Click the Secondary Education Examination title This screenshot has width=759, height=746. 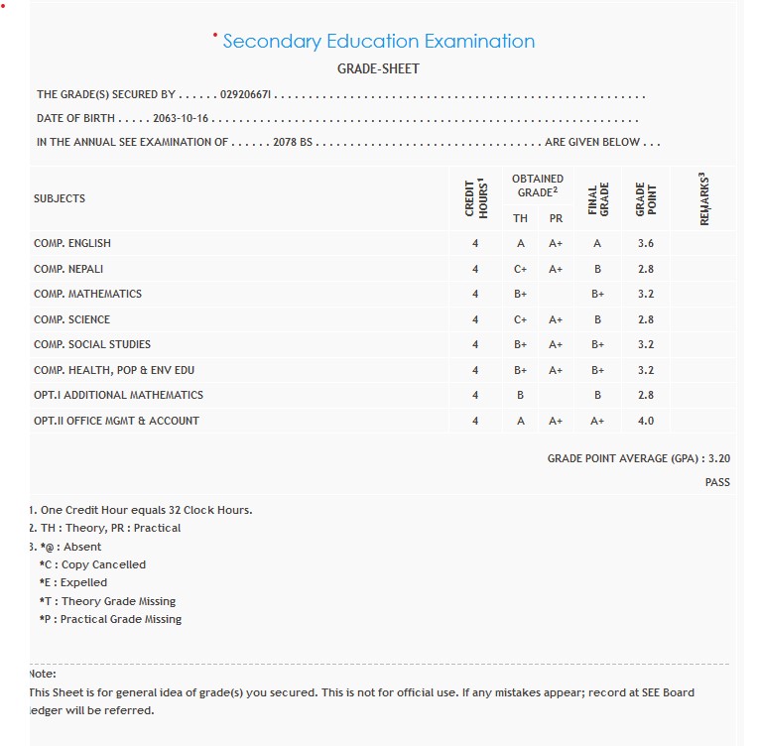pos(378,42)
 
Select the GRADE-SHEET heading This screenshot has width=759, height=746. pos(378,69)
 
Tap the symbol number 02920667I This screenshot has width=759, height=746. pos(246,95)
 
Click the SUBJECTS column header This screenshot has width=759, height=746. pos(60,198)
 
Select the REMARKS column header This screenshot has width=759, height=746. pos(704,198)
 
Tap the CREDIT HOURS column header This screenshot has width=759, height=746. pos(475,198)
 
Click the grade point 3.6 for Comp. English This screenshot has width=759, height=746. pos(646,244)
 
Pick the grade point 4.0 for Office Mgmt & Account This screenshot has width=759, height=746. pos(646,421)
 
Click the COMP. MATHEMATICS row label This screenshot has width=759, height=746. pos(87,295)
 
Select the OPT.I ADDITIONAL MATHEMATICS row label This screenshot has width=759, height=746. pos(118,395)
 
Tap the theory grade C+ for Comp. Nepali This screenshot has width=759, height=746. pos(520,269)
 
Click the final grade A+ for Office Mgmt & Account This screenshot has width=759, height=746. pos(597,421)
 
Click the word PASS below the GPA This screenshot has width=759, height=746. pos(717,482)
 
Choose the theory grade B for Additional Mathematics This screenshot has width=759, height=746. pos(520,395)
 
